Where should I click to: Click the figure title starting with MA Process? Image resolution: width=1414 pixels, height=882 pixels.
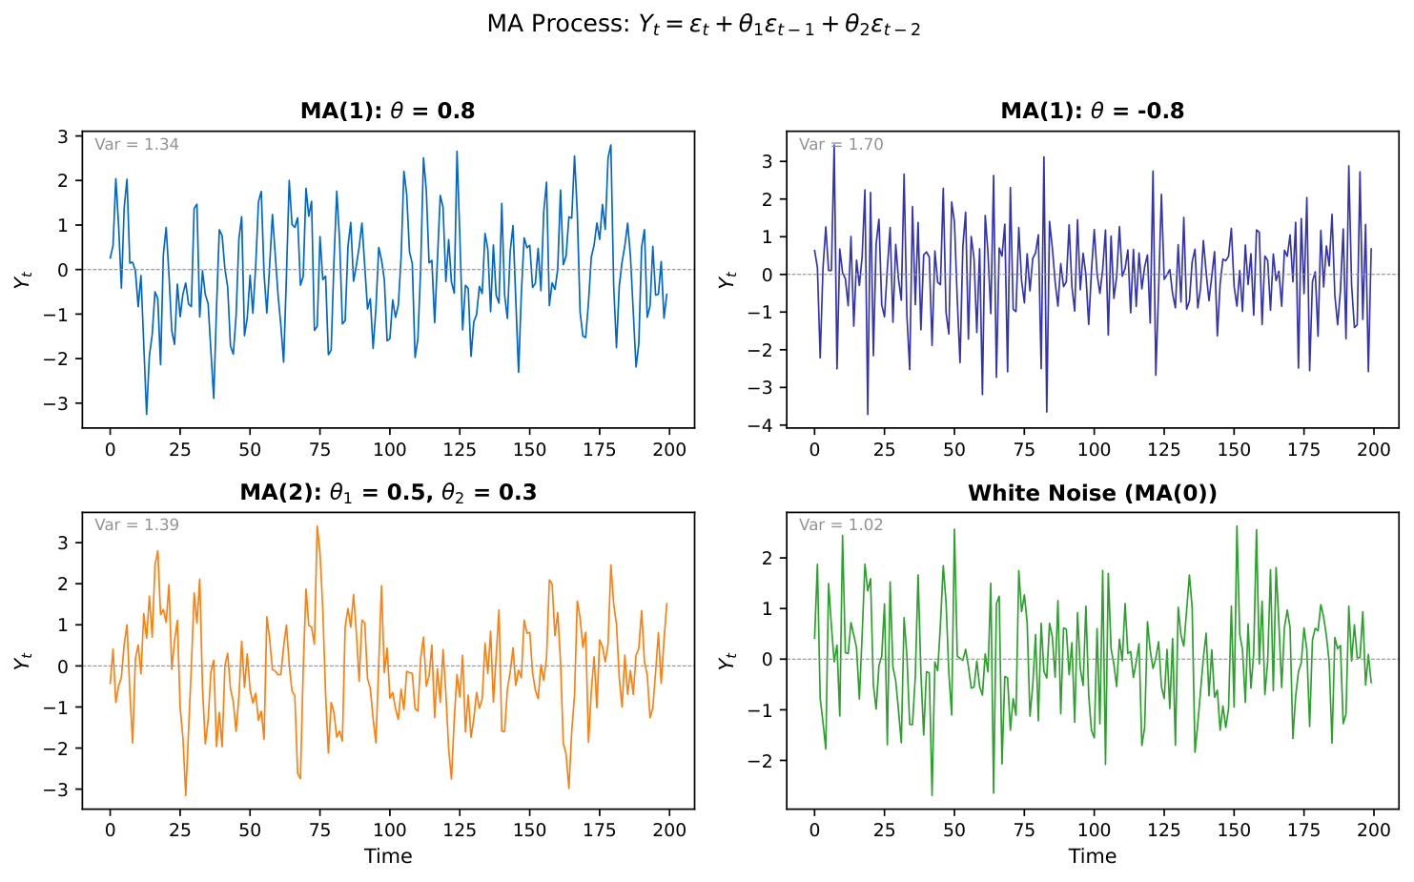pos(704,25)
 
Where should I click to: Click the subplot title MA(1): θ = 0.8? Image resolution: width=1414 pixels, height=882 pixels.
pos(387,111)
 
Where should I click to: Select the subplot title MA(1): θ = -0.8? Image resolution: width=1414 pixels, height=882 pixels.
pos(1092,111)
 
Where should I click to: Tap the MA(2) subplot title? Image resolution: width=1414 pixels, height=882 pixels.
pos(387,492)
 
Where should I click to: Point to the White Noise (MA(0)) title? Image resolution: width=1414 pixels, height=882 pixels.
pos(1092,493)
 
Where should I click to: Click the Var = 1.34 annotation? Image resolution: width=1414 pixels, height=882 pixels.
pos(136,145)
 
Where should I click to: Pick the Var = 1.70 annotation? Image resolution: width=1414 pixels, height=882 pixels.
pos(841,145)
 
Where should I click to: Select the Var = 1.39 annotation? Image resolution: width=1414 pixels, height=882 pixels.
pos(136,525)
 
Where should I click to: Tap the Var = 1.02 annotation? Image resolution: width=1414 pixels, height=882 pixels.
pos(841,525)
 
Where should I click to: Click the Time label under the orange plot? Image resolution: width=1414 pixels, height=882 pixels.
pos(387,856)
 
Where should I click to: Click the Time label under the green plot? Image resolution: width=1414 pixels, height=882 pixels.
pos(1092,856)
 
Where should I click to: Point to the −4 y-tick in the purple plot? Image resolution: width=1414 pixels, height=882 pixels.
pos(767,425)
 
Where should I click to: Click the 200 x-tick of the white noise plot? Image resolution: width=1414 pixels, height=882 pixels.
pos(1373,830)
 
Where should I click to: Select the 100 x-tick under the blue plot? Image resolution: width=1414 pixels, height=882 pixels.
pos(389,449)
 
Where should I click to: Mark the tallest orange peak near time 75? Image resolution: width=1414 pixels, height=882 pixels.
pos(318,526)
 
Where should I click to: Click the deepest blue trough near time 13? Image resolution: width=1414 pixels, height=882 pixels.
pos(146,414)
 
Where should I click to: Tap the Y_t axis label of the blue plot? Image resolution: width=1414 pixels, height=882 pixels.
pos(23,279)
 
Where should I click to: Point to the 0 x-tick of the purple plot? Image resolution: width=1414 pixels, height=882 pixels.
pos(814,449)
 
